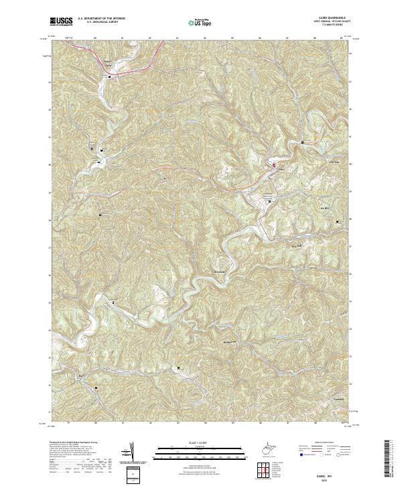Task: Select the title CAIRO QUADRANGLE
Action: point(336,18)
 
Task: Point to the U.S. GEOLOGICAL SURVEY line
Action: point(98,23)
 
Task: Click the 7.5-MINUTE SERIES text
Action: point(337,27)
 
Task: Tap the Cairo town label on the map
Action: point(281,170)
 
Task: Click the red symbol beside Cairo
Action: point(273,164)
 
